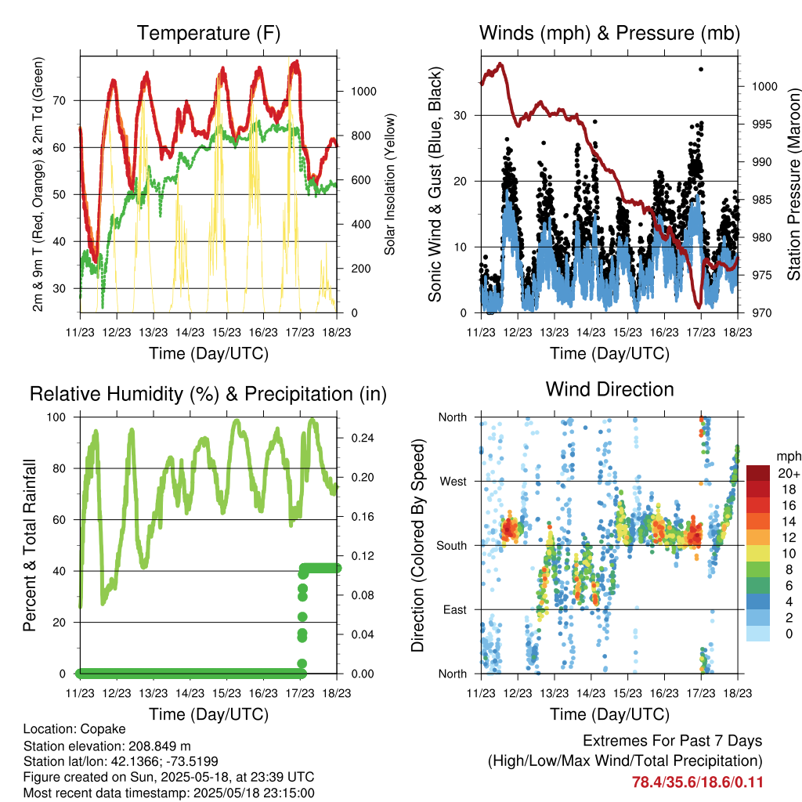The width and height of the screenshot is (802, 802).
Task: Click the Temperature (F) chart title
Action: pos(208,33)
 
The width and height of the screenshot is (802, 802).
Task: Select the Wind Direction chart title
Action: pos(609,389)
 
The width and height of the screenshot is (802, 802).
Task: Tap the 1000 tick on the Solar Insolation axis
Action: pos(363,92)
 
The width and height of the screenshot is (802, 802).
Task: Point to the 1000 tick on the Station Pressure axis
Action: pos(764,86)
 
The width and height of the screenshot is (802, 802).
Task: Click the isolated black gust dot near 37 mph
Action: pos(701,69)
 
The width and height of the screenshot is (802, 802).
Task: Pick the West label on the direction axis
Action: pos(453,482)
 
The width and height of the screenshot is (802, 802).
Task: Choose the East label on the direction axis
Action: pos(455,609)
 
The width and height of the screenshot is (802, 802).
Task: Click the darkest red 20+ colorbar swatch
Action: pos(758,473)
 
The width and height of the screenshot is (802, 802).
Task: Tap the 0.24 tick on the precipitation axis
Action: pos(363,438)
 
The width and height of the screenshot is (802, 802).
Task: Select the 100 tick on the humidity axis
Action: pos(56,417)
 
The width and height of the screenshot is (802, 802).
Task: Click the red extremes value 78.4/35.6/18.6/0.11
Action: pos(697,782)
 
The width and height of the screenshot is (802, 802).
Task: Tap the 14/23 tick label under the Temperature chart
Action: pos(190,332)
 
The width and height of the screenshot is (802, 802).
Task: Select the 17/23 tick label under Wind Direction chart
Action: pos(701,693)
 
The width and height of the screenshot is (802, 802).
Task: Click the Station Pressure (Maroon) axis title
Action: pos(793,184)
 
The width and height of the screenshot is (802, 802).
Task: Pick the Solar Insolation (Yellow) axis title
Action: pos(390,184)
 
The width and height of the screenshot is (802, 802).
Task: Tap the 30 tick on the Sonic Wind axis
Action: pos(460,115)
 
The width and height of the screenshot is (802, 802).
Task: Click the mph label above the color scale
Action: pos(788,457)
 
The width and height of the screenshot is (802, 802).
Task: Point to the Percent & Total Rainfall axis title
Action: pos(30,545)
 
